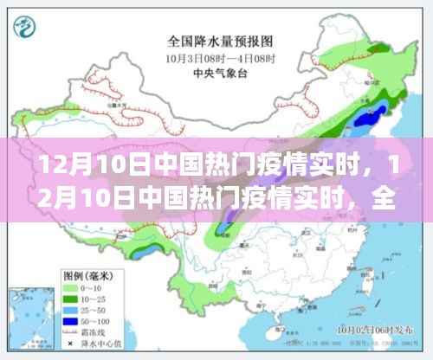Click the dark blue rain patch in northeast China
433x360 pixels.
378,112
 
